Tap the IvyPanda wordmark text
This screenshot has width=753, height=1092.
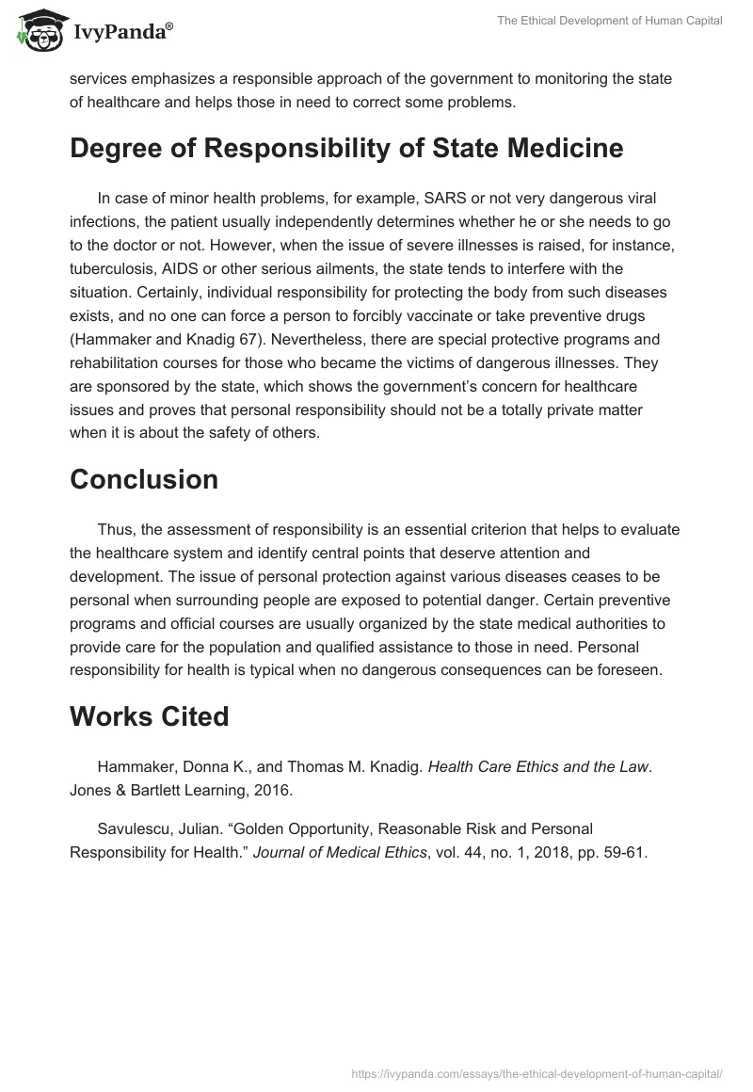(121, 33)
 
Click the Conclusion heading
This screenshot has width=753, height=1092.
(144, 479)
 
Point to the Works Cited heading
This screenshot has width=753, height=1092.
(150, 716)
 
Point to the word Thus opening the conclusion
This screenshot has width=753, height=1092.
(112, 529)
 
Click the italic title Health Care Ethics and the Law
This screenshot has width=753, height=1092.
(538, 766)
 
